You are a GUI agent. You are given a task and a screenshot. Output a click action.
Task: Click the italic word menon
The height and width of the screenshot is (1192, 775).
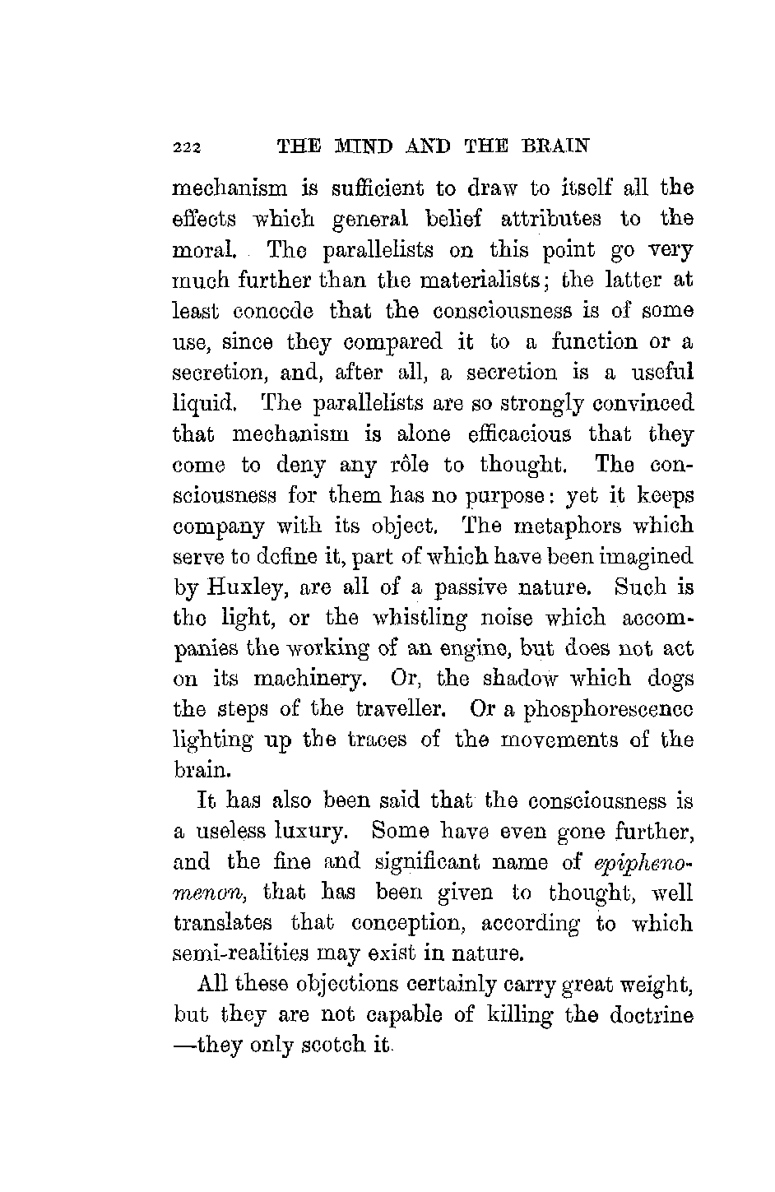coord(204,894)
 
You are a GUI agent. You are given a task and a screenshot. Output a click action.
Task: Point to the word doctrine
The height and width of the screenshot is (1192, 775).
coord(652,1015)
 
